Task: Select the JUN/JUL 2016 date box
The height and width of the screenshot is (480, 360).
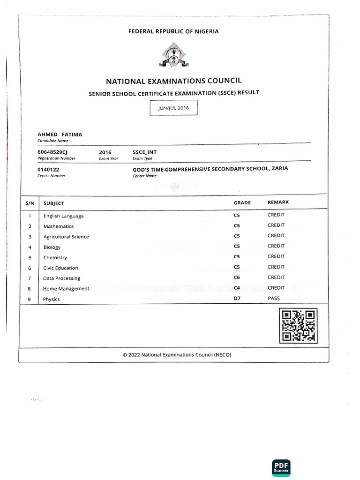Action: pos(173,108)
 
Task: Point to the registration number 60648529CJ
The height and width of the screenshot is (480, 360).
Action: pos(52,152)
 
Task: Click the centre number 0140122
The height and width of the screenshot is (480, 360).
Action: pos(48,169)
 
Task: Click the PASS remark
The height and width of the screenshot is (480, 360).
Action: pos(273,298)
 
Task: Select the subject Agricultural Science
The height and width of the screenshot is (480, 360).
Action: pos(66,237)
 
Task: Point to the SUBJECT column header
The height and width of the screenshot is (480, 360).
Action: pos(54,203)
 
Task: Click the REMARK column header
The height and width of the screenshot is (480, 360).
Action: pos(278,202)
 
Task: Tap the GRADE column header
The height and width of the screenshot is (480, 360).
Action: pos(242,202)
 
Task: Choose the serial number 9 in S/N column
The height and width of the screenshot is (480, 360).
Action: pos(30,299)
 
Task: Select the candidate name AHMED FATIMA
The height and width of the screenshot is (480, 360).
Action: pos(60,135)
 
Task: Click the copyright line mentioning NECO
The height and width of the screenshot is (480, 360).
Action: pos(177,355)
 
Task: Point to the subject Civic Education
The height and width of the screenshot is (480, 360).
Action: pos(60,268)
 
